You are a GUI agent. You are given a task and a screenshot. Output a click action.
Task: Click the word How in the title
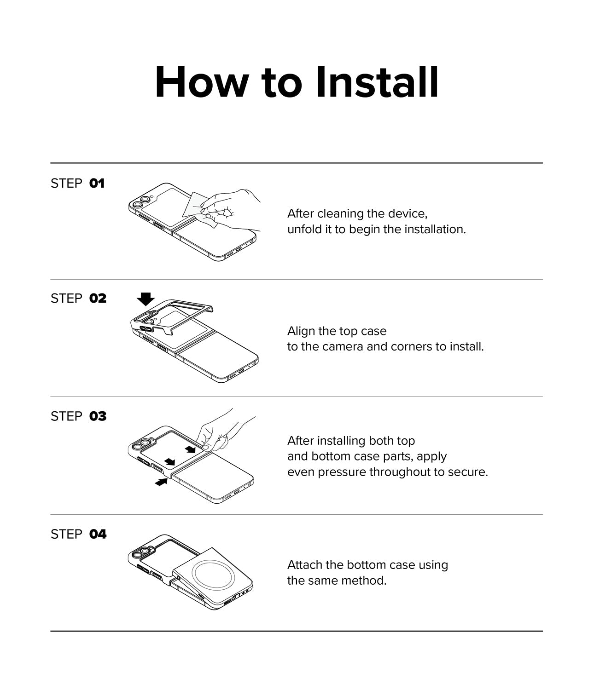tap(201, 82)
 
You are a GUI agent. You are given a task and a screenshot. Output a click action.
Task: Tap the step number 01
tap(97, 184)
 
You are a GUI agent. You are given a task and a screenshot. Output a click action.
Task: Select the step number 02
tap(98, 299)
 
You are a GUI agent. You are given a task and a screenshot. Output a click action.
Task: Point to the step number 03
tap(98, 416)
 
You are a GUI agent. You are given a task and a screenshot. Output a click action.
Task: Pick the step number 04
tap(98, 534)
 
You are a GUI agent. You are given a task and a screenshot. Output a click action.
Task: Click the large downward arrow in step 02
tap(146, 299)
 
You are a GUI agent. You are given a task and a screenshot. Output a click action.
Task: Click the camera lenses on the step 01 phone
tap(141, 202)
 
